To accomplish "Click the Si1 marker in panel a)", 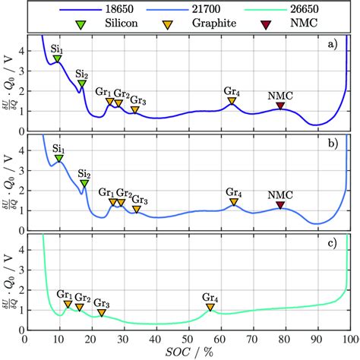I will (57, 59).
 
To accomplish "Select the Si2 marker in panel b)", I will (84, 183).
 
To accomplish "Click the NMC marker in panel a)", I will (280, 106).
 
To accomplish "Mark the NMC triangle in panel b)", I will (280, 205).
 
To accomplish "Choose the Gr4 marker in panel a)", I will (232, 100).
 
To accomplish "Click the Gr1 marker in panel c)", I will (68, 304).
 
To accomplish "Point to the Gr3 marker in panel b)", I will (137, 209).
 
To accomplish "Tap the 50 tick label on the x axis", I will (188, 339).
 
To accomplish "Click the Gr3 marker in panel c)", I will (102, 312).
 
